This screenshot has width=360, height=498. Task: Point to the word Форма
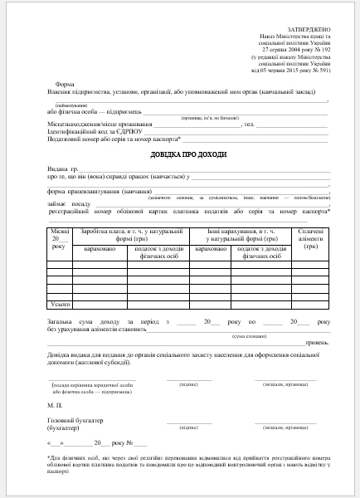point(64,85)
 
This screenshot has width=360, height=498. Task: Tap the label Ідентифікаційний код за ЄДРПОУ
point(83,132)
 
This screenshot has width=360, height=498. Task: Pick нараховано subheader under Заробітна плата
point(100,248)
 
